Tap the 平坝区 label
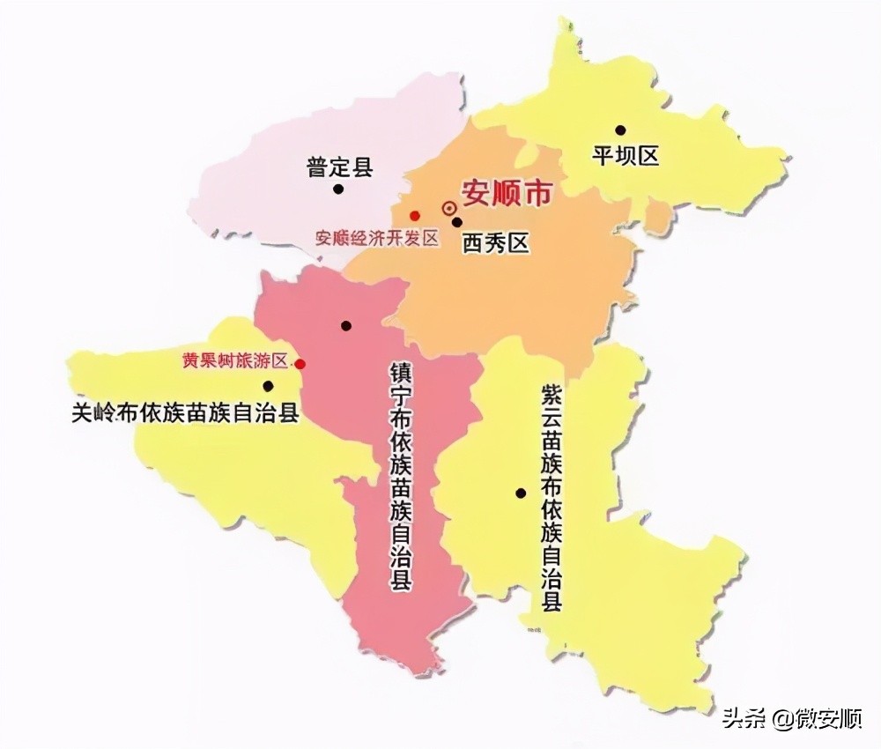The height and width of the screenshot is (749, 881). point(626,157)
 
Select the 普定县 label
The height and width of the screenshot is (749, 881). point(340,167)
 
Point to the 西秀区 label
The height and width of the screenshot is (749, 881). point(496,242)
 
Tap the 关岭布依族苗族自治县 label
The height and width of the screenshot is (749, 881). point(185,412)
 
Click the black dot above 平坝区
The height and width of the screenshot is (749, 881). point(620,130)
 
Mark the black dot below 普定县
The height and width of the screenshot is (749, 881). point(337,189)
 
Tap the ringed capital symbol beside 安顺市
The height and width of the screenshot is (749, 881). point(449,208)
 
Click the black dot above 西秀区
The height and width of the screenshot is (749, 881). point(457,222)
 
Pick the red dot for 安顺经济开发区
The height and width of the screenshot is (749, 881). point(414,216)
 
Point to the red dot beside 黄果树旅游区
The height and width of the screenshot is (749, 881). point(300,363)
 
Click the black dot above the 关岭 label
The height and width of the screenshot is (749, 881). point(268,385)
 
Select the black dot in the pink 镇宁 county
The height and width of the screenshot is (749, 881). point(346,326)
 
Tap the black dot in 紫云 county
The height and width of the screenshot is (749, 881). point(521,493)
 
